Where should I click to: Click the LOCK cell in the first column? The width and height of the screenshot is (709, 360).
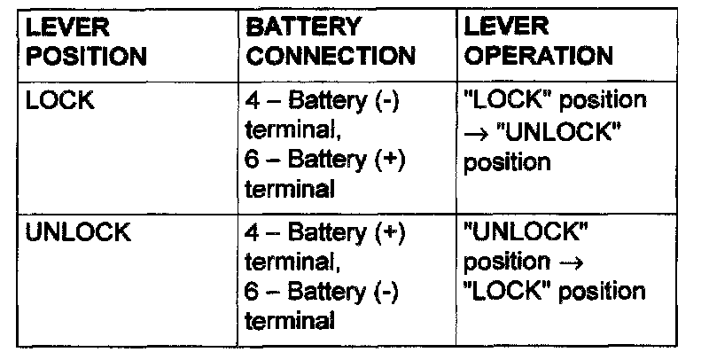(61, 101)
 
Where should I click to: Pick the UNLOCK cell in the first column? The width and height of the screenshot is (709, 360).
(79, 234)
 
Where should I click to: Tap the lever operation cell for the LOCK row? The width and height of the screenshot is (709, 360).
(556, 131)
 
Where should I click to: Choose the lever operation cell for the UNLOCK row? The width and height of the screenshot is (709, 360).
(556, 262)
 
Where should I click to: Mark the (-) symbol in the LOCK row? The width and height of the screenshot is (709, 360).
(386, 101)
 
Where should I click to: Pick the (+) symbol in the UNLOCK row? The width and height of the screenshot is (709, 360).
(386, 234)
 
